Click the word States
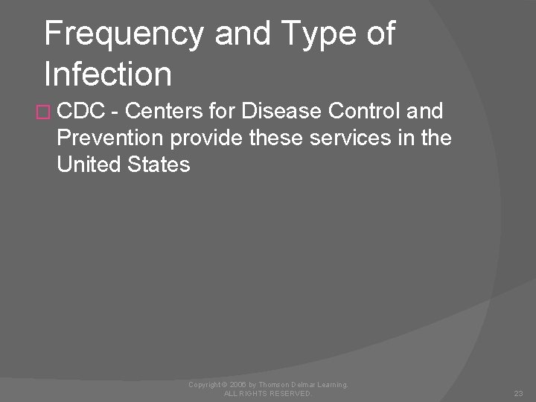click(162, 163)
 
